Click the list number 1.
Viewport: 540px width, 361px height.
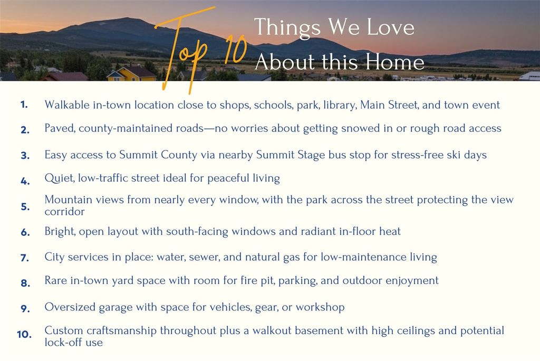24,104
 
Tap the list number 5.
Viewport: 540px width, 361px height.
25,206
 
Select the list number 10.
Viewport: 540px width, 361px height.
24,334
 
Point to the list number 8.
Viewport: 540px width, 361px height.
25,283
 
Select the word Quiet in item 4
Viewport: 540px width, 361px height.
59,178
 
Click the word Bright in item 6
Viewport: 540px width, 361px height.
60,231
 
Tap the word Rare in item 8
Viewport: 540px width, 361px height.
56,280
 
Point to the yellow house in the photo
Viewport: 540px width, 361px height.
125,74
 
